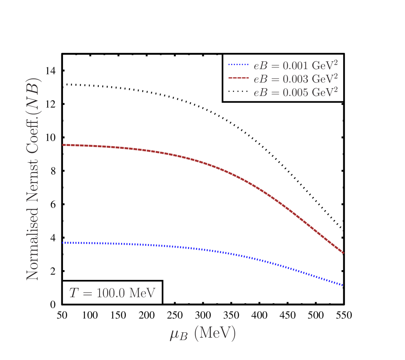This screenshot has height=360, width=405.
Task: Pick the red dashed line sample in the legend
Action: click(x=238, y=78)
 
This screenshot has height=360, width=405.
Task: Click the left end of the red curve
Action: click(x=63, y=145)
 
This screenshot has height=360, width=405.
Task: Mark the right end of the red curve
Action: click(x=344, y=253)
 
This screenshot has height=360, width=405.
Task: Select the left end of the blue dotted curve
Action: click(x=63, y=243)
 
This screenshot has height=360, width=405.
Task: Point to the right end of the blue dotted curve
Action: click(x=344, y=285)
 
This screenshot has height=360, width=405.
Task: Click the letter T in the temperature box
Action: click(x=74, y=293)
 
